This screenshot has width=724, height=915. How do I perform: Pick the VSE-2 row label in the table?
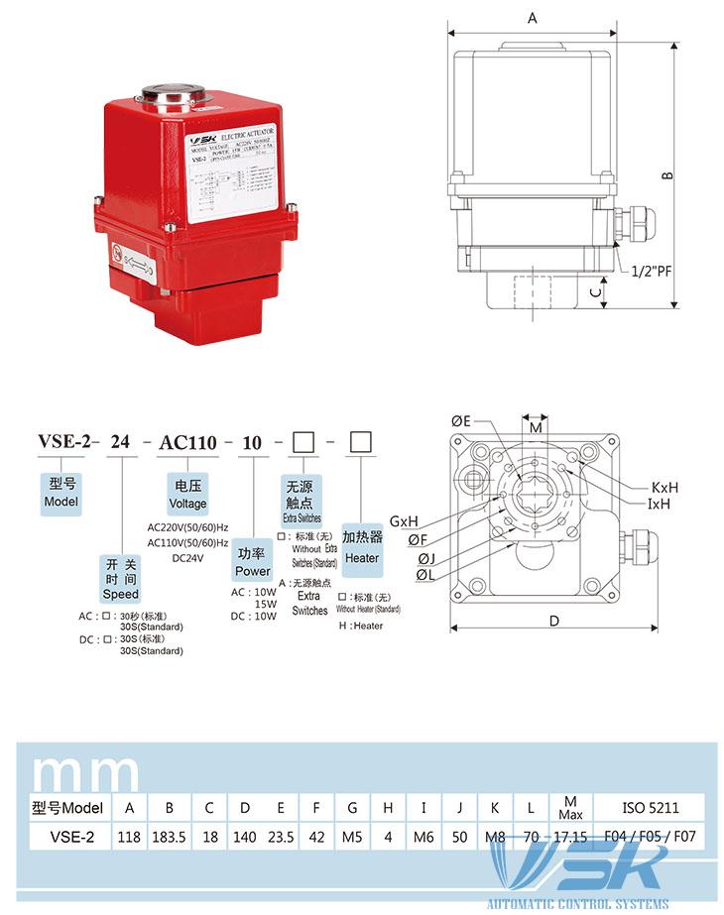[71, 837]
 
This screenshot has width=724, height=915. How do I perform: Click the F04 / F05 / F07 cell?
[650, 837]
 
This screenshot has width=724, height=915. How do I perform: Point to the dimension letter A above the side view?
[533, 19]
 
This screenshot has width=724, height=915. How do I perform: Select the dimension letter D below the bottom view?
[554, 622]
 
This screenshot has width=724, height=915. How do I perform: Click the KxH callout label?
[664, 488]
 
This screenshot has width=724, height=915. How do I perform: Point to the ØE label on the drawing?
[461, 421]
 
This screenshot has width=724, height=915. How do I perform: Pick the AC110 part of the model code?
[187, 443]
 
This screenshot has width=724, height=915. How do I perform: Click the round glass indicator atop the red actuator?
[175, 97]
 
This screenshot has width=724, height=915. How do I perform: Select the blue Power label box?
[253, 562]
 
